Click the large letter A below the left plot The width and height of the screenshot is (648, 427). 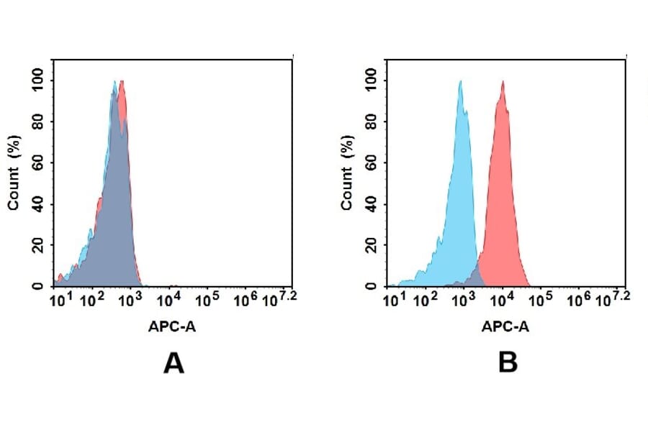pyautogui.click(x=174, y=364)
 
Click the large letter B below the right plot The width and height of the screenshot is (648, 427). pyautogui.click(x=508, y=364)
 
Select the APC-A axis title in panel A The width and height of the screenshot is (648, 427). pyautogui.click(x=172, y=326)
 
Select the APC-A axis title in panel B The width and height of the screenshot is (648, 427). pyautogui.click(x=505, y=326)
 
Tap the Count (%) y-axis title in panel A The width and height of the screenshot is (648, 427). pyautogui.click(x=14, y=173)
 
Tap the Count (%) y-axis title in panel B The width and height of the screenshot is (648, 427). pyautogui.click(x=347, y=173)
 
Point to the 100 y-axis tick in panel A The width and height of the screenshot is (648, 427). pyautogui.click(x=37, y=78)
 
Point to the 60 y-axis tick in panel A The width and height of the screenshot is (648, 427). pyautogui.click(x=37, y=162)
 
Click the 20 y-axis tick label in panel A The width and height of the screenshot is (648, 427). pyautogui.click(x=37, y=245)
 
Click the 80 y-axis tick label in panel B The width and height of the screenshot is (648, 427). pyautogui.click(x=371, y=120)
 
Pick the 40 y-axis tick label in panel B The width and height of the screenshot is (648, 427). pyautogui.click(x=371, y=203)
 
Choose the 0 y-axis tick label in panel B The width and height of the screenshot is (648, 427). pyautogui.click(x=371, y=286)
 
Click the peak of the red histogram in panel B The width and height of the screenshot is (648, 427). pyautogui.click(x=503, y=82)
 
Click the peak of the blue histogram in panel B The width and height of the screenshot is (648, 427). pyautogui.click(x=460, y=82)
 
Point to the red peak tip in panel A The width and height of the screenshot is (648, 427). pyautogui.click(x=123, y=81)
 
